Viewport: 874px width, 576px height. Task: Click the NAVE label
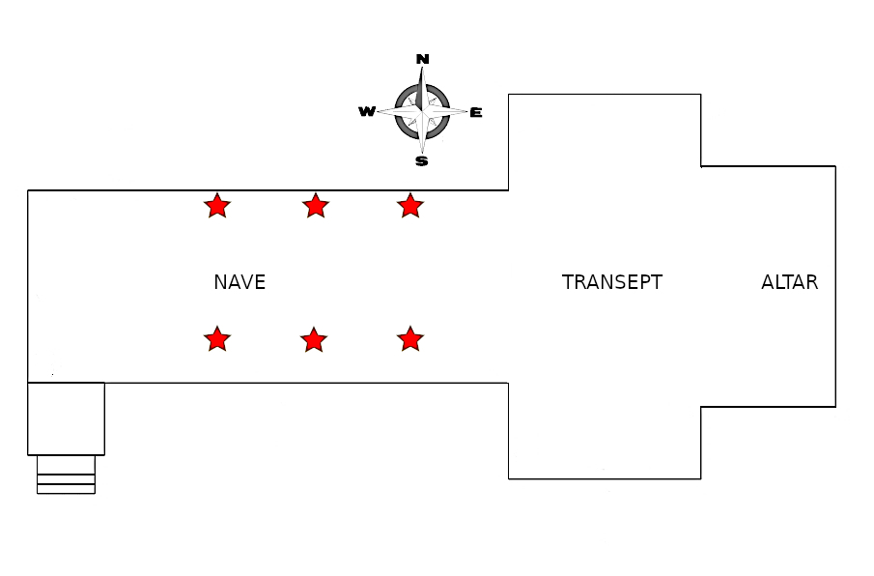(240, 283)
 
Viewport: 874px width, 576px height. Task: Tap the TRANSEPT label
(612, 283)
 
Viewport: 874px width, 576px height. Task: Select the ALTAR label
(789, 283)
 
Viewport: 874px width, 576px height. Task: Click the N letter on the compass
(422, 59)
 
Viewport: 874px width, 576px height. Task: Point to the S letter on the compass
(422, 161)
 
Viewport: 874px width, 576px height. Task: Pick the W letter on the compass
(367, 112)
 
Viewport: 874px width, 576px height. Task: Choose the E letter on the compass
(476, 112)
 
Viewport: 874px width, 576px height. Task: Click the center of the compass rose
(422, 112)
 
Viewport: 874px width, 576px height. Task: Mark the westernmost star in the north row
(217, 205)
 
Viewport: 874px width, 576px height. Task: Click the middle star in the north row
(315, 205)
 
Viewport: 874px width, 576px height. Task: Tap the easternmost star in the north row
(410, 205)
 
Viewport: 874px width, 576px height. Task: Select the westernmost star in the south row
(217, 339)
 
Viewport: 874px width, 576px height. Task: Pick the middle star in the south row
(313, 339)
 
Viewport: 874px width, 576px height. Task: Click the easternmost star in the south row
(410, 339)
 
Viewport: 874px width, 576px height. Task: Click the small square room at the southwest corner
(66, 418)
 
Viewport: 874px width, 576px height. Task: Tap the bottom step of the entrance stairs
(66, 489)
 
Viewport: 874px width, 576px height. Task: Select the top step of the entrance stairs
(66, 464)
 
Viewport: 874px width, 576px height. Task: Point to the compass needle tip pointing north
(422, 69)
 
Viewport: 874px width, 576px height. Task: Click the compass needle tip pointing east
(467, 112)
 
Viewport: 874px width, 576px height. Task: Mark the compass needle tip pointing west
(378, 112)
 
